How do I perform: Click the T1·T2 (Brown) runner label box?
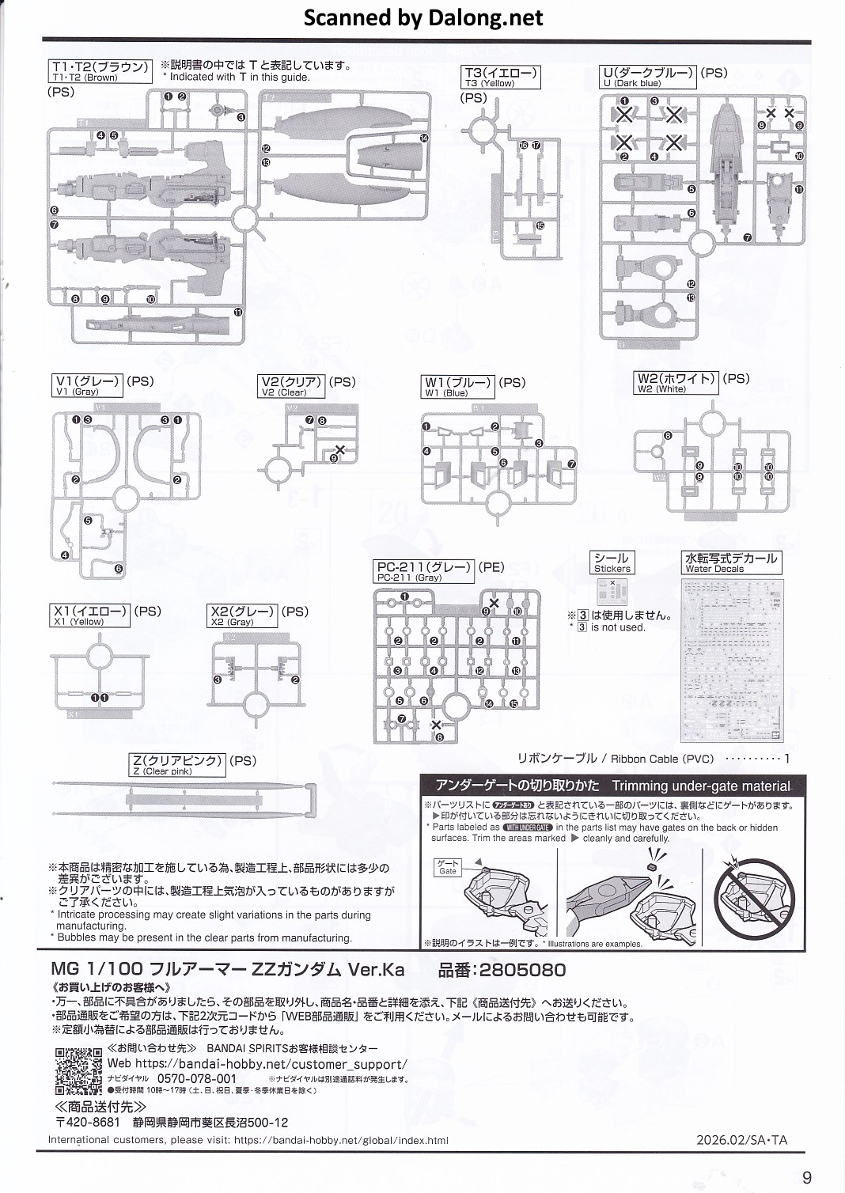100,71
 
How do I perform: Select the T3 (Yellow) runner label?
501,78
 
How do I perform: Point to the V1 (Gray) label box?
87,386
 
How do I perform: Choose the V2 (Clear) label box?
292,386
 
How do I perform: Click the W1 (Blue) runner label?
458,387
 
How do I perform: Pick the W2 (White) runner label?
676,383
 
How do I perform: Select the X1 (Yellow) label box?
89,615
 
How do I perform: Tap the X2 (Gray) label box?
243,615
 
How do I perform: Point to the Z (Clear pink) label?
178,765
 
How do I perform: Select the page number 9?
806,1177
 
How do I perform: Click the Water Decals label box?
731,562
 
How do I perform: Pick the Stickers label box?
612,562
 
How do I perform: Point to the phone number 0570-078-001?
197,1078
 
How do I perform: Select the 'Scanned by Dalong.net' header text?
423,17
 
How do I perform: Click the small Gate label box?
448,868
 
